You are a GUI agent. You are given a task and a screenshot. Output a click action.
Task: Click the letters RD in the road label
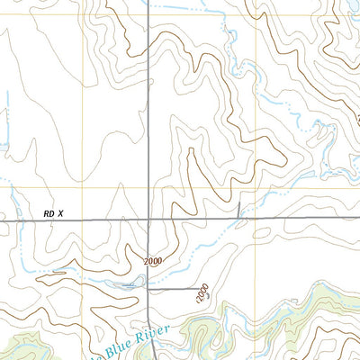click(x=48, y=213)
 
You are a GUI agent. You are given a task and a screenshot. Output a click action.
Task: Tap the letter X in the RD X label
click(x=61, y=213)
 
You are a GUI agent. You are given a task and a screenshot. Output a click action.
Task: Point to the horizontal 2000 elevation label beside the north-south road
click(x=154, y=261)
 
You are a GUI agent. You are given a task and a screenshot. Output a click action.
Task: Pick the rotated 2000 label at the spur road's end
click(x=204, y=292)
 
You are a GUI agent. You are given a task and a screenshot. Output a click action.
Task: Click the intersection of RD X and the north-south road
click(x=148, y=220)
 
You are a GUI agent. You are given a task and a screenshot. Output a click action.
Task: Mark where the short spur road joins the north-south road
click(x=148, y=288)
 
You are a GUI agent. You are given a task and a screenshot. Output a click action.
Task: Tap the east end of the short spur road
click(x=200, y=288)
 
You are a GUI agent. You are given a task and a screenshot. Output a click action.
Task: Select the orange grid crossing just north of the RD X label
click(x=86, y=188)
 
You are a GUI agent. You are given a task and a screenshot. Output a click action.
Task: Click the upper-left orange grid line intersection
click(x=86, y=15)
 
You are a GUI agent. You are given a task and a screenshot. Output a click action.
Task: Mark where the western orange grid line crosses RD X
click(x=86, y=220)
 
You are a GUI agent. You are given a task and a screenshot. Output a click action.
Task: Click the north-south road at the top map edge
click(x=148, y=3)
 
